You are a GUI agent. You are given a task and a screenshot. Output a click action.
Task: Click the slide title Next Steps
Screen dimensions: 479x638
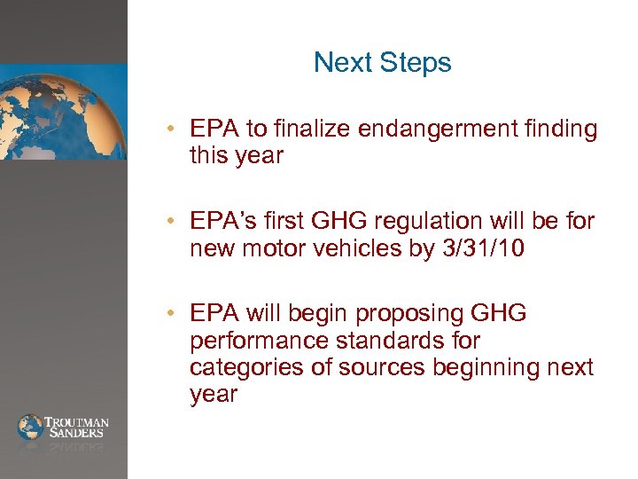(x=382, y=63)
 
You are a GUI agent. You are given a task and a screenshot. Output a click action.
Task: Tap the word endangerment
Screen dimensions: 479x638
(x=435, y=130)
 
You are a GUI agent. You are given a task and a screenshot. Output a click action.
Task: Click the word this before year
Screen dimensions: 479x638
(x=207, y=156)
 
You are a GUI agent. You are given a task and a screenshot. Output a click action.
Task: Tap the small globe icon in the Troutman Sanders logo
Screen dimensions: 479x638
(x=30, y=427)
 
